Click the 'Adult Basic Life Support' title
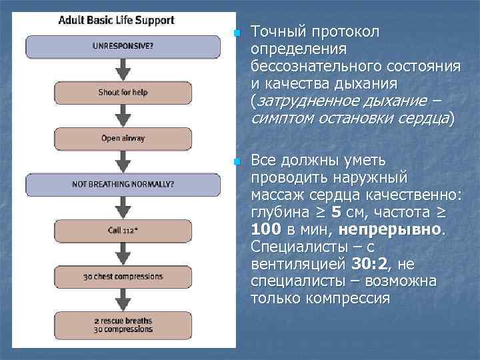117,20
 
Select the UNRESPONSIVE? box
123,47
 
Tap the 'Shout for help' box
123,93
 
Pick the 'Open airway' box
123,139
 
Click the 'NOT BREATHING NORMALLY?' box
123,185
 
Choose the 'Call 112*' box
123,231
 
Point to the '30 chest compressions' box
123,277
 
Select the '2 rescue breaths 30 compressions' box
123,325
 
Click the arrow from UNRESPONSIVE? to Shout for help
123,69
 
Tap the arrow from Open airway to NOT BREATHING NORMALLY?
123,161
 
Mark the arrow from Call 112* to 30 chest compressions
123,253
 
